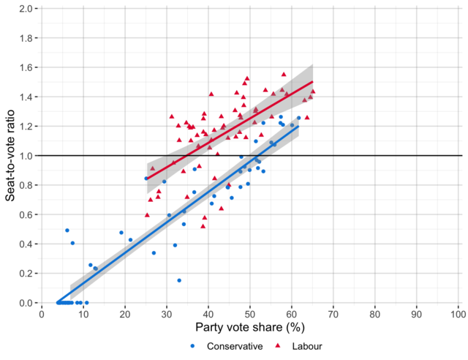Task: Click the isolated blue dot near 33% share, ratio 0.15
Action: click(179, 280)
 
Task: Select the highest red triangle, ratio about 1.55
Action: click(284, 75)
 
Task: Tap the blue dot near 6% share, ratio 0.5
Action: click(67, 230)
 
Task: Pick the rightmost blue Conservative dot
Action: click(298, 118)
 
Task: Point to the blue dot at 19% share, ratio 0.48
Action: click(121, 233)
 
